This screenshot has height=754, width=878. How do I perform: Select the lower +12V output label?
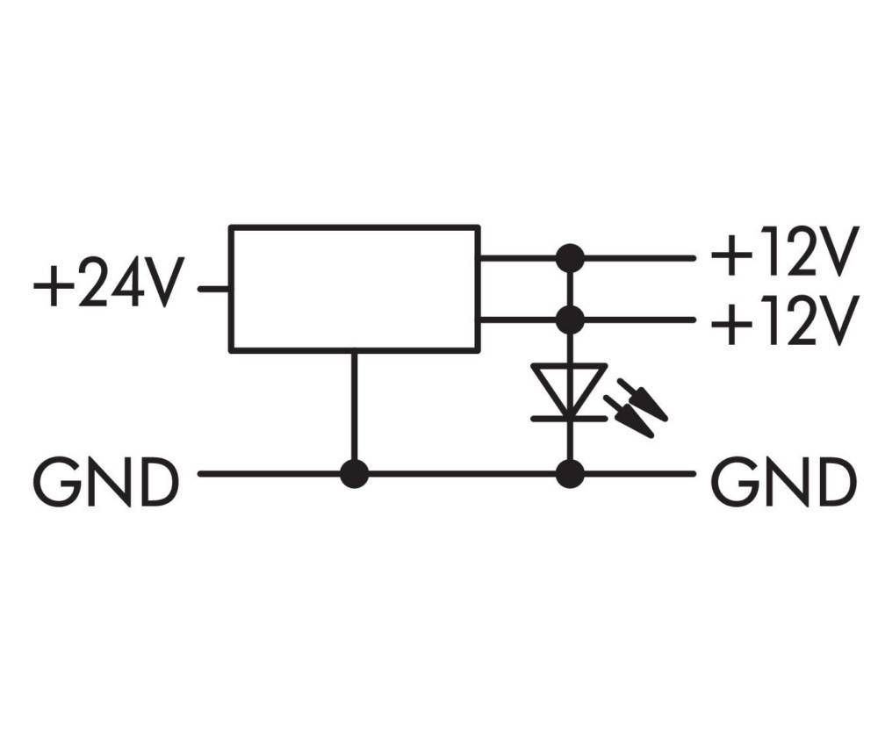[782, 322]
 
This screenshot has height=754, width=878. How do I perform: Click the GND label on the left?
[106, 482]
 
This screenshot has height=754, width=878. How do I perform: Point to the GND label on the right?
[782, 482]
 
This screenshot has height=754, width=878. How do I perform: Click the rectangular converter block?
[354, 289]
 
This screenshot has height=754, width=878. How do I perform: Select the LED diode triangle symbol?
[569, 388]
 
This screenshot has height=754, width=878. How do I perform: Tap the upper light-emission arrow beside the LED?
[644, 400]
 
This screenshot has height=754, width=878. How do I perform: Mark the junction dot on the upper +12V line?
[570, 258]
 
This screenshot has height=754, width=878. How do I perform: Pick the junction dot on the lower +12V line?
[570, 319]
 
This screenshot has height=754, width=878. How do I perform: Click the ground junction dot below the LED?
[570, 474]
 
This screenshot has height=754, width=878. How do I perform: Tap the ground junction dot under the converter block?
[354, 474]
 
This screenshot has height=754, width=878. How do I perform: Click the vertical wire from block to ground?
[354, 408]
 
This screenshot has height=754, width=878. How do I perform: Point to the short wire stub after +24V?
[213, 288]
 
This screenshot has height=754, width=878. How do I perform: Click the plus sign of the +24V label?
[52, 286]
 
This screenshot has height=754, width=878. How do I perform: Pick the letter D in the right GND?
[835, 482]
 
